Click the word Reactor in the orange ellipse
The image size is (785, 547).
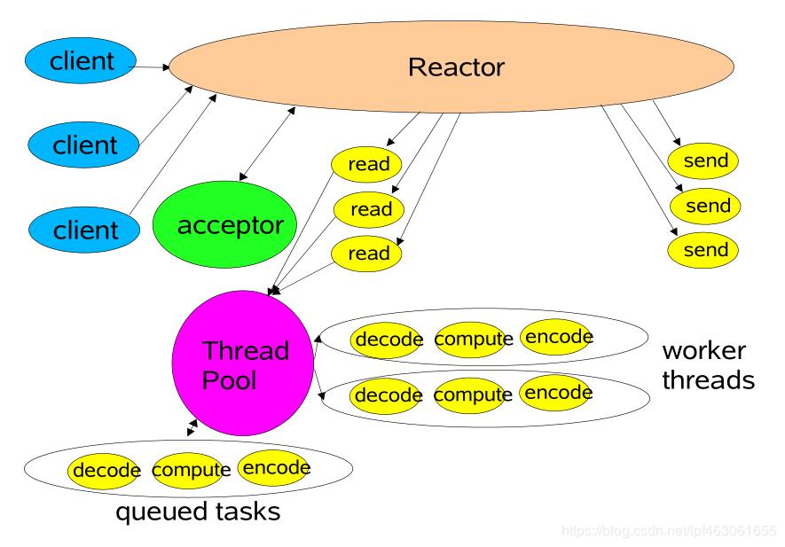coord(456,67)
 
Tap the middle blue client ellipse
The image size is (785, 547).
coord(85,145)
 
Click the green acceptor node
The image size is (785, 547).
coord(230,225)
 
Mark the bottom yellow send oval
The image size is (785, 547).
coord(705,250)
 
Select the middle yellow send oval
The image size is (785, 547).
coord(707,206)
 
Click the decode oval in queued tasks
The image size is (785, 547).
coord(106,470)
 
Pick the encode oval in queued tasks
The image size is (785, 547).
coord(275,467)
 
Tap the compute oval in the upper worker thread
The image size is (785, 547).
coord(474,339)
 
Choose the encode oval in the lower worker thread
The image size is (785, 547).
coord(556,392)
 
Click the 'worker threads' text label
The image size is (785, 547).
coord(708,365)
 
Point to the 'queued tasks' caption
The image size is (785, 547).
coord(199,512)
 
